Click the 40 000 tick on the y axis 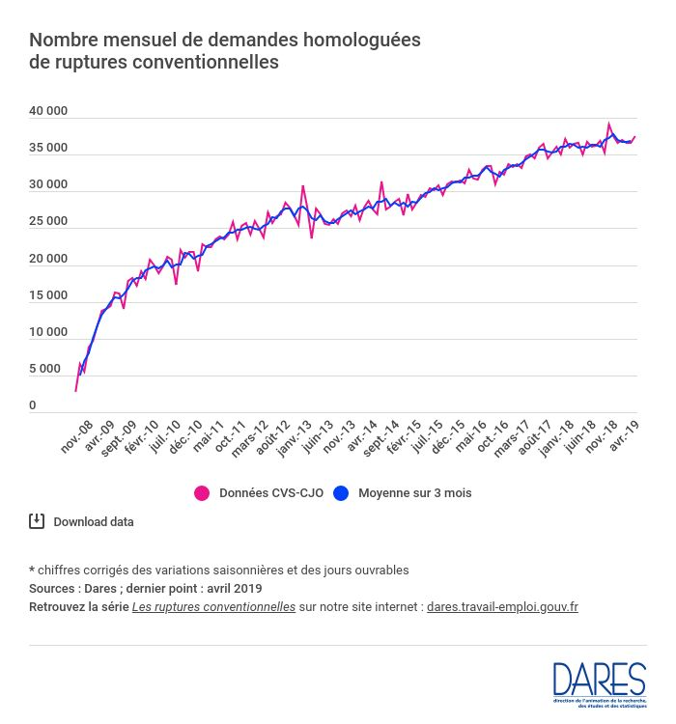[x=48, y=111]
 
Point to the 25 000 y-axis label [x=48, y=221]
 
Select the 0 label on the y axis [x=33, y=405]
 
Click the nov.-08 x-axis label [x=77, y=436]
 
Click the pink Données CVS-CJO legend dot [x=202, y=492]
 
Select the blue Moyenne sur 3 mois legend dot [x=341, y=492]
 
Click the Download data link [x=94, y=522]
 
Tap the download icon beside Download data [x=37, y=521]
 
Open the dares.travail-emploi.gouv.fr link [x=502, y=607]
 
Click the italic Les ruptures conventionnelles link [x=213, y=607]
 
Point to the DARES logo [x=599, y=682]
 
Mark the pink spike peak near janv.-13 [x=303, y=185]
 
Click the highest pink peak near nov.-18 [x=608, y=124]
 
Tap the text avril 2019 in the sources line [x=231, y=588]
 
